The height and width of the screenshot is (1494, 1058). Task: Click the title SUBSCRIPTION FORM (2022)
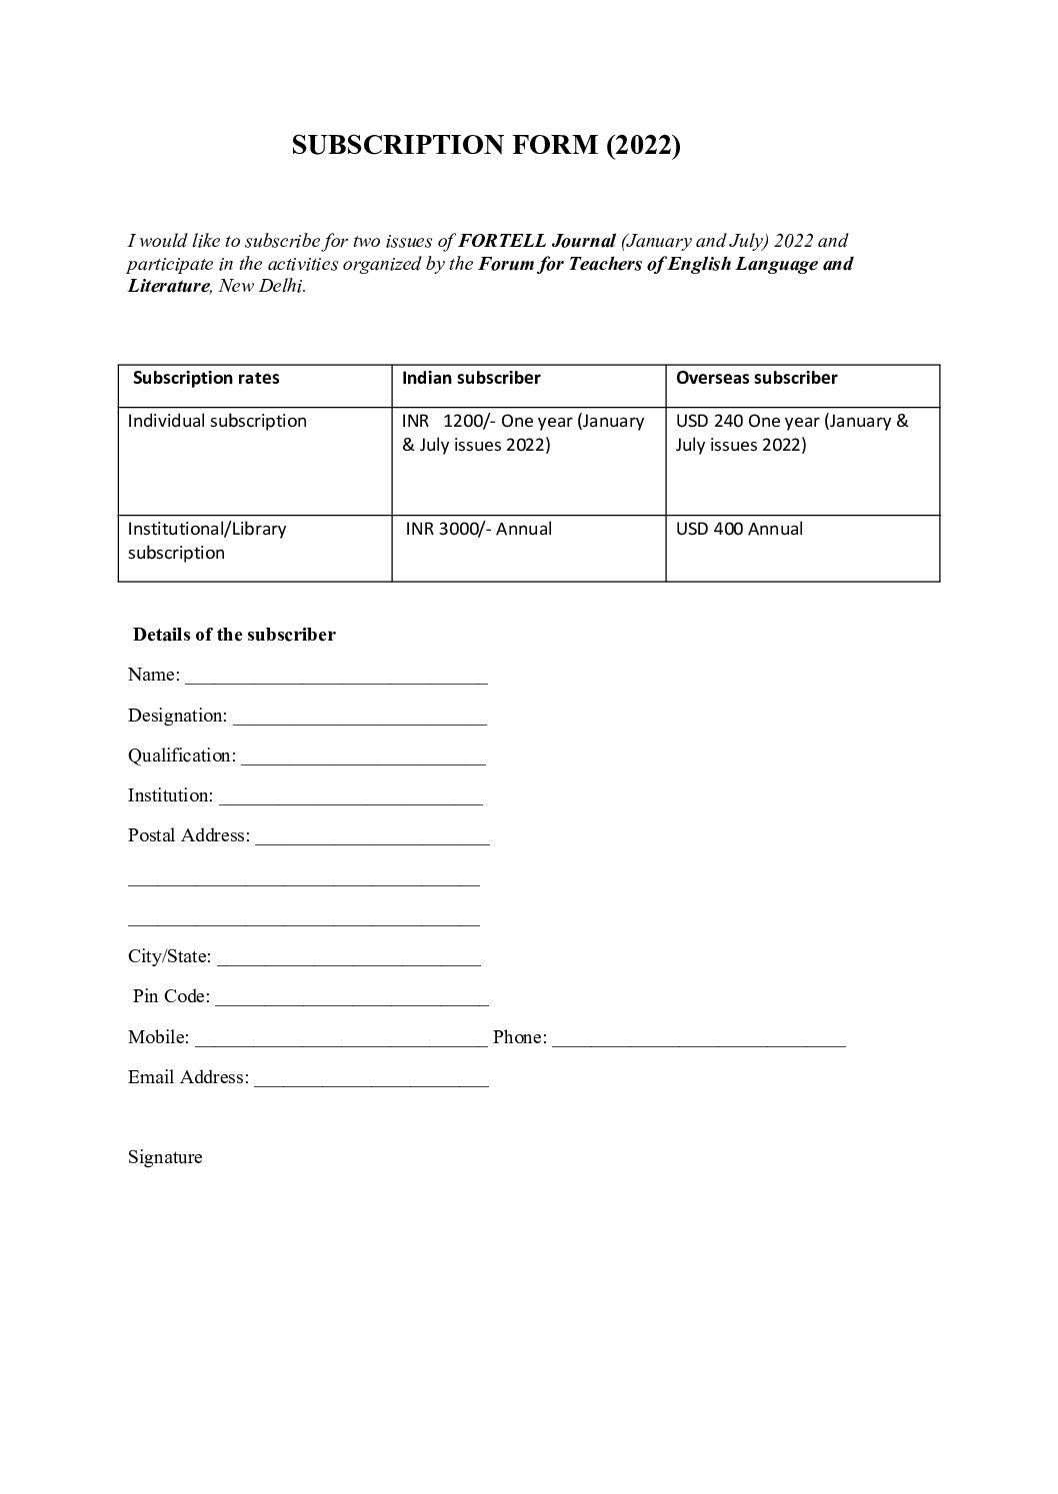pyautogui.click(x=485, y=146)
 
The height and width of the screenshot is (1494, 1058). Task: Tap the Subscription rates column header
pyautogui.click(x=206, y=378)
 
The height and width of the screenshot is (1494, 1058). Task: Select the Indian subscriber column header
pyautogui.click(x=471, y=378)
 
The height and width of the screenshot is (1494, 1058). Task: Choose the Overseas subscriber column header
pyautogui.click(x=756, y=378)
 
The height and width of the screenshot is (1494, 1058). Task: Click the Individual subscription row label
pyautogui.click(x=217, y=421)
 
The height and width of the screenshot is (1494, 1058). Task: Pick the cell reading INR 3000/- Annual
pyautogui.click(x=478, y=529)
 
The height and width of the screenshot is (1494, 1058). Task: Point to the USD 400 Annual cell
pyautogui.click(x=739, y=529)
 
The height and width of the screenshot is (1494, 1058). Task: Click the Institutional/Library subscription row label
pyautogui.click(x=207, y=541)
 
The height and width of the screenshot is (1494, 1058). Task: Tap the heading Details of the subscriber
pyautogui.click(x=234, y=635)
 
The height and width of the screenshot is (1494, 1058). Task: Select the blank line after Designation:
pyautogui.click(x=360, y=717)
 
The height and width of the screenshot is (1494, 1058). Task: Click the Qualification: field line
pyautogui.click(x=363, y=756)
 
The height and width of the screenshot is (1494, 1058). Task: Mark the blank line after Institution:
pyautogui.click(x=350, y=796)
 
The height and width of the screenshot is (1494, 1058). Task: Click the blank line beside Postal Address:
pyautogui.click(x=372, y=836)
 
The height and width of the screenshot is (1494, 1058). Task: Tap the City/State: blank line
pyautogui.click(x=348, y=957)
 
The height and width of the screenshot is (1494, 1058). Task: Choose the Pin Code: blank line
pyautogui.click(x=351, y=997)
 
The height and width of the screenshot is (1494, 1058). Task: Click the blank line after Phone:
pyautogui.click(x=698, y=1038)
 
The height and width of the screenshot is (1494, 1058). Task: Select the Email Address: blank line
pyautogui.click(x=371, y=1078)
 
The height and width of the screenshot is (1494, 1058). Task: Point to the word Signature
pyautogui.click(x=165, y=1157)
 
